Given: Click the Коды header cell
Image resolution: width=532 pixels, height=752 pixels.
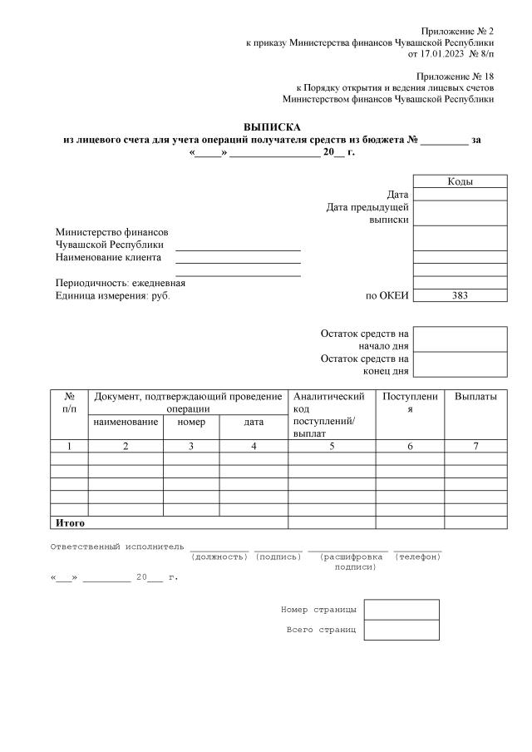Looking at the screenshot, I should [x=460, y=181].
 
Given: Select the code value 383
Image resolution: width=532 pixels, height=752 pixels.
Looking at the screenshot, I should [x=460, y=295].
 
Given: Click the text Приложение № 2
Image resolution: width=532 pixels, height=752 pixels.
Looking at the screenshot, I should [x=457, y=30].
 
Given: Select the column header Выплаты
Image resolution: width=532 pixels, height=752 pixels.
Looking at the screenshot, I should [x=475, y=397].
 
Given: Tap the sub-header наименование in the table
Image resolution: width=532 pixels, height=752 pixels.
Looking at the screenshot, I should [x=126, y=422].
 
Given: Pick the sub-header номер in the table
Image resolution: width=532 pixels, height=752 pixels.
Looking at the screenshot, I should [x=191, y=422].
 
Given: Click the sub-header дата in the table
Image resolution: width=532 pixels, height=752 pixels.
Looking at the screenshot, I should [x=254, y=422].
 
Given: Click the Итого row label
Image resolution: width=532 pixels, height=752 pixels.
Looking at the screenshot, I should [x=70, y=523].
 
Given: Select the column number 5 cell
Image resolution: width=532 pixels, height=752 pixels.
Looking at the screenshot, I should [x=332, y=447].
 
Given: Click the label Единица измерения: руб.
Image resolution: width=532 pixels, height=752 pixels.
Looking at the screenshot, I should [x=112, y=295].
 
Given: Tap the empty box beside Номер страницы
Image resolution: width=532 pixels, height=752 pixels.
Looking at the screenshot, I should [x=401, y=610].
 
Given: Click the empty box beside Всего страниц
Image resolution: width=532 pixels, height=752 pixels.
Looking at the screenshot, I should [x=401, y=630].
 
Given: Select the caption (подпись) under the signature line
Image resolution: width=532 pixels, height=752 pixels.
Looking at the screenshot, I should [x=278, y=556].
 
